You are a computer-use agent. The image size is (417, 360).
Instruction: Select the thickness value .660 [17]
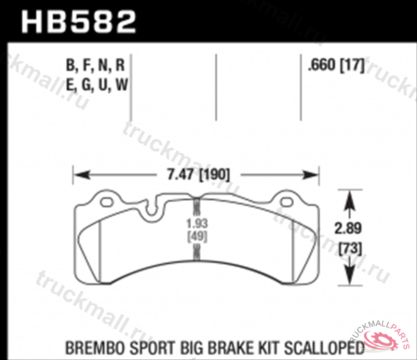pos(332,67)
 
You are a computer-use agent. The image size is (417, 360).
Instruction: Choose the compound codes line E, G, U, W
pos(95,85)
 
